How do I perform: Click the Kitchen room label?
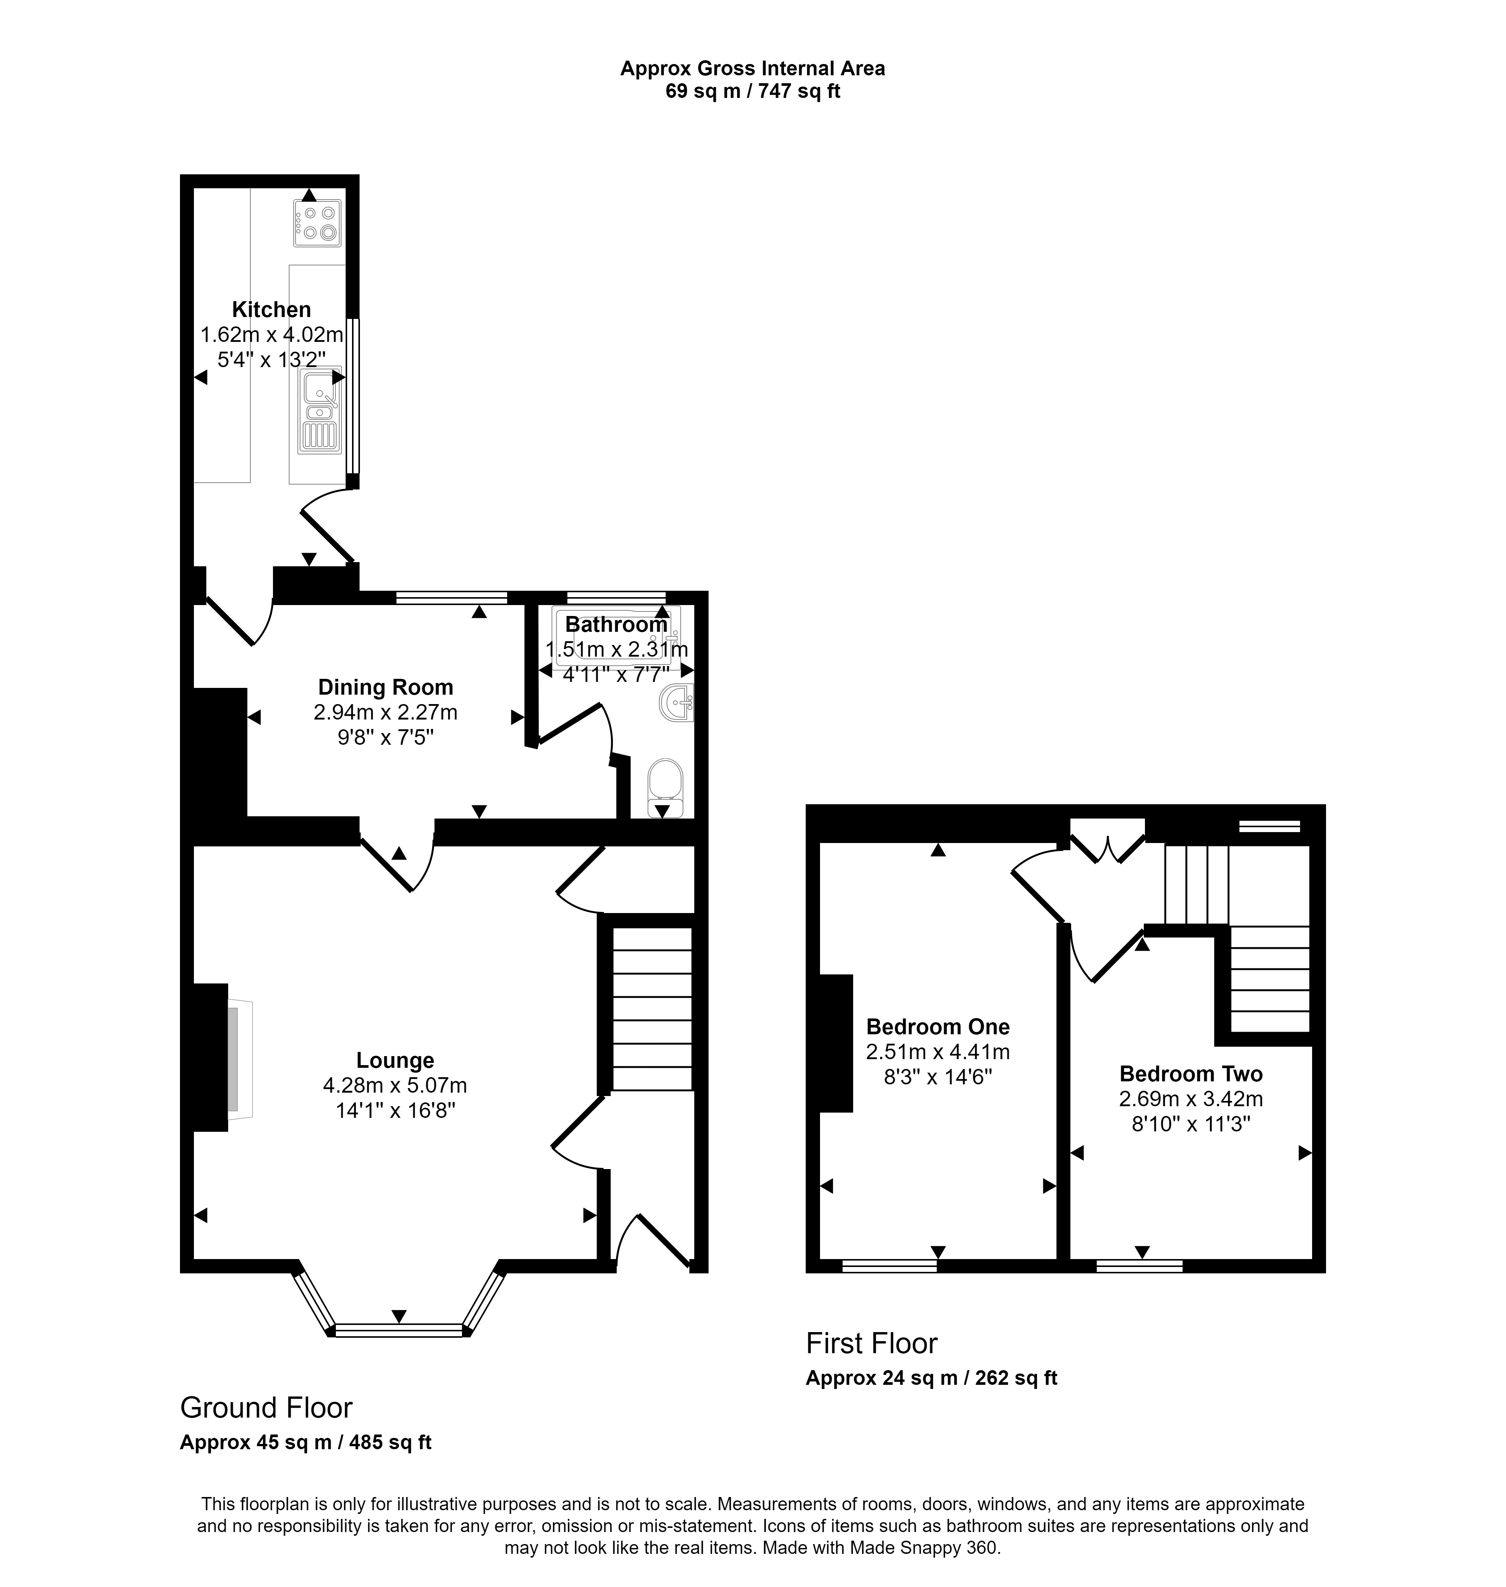(271, 309)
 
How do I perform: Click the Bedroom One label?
(937, 1027)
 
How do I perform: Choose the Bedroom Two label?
(1191, 1074)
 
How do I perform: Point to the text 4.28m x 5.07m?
(395, 1085)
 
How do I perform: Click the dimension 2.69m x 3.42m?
(1191, 1099)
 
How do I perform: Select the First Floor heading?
(872, 1343)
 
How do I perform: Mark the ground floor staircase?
(652, 1009)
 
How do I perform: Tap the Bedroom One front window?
(889, 1266)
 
